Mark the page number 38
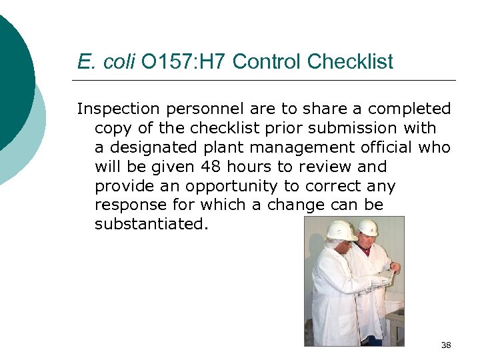point(446,345)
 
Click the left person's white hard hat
point(341,231)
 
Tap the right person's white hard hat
point(367,227)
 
